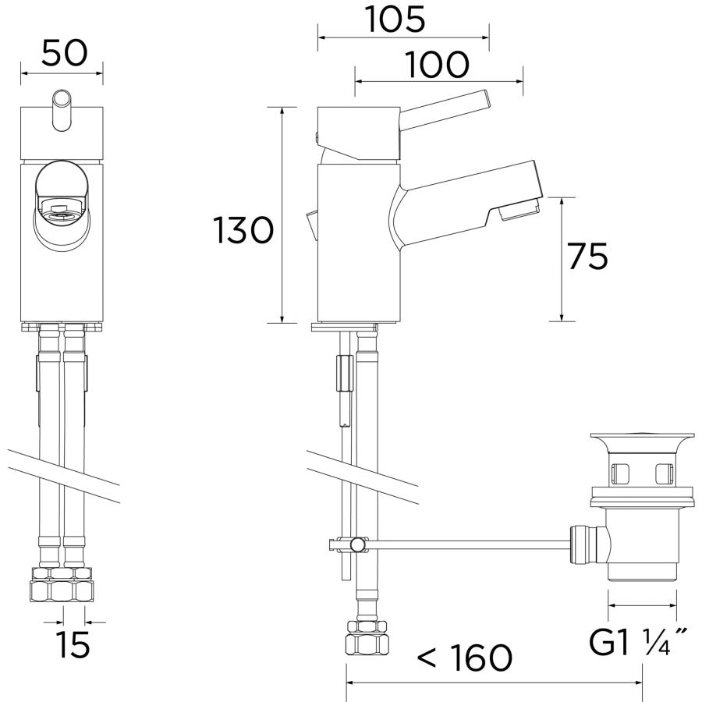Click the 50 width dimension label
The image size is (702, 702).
coord(65,53)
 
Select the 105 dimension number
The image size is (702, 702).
coord(395,19)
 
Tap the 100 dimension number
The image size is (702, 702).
coord(437,64)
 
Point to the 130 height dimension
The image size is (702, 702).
coord(243,230)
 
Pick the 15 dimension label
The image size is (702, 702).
coord(73,645)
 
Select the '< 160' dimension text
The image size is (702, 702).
coord(464,658)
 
